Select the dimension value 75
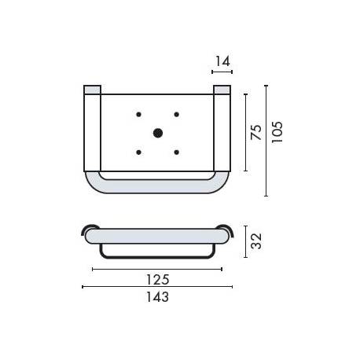coord(255,132)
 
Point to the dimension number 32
coord(255,240)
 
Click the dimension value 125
coord(158,280)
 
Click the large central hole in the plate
coord(158,133)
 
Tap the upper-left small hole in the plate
coord(139,115)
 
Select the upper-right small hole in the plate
coord(177,115)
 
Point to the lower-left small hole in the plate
coord(139,152)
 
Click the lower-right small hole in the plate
coord(177,152)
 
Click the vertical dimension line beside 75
coord(245,132)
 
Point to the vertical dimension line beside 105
coord(266,140)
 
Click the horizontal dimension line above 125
coord(157,269)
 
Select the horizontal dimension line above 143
coord(157,286)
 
